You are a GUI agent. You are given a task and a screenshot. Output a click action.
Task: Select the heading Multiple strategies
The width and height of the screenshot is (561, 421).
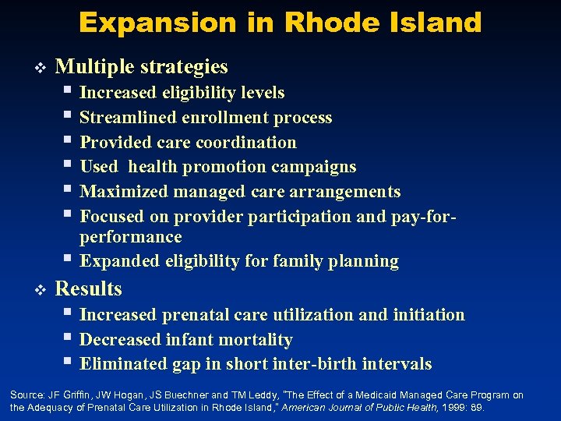pyautogui.click(x=142, y=66)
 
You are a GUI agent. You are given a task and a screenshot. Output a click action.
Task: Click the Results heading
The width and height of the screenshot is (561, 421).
pyautogui.click(x=89, y=289)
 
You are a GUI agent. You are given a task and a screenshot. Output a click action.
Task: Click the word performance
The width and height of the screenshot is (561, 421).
pyautogui.click(x=131, y=236)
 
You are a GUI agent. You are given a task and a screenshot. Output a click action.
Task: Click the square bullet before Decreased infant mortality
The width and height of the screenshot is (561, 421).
pyautogui.click(x=69, y=339)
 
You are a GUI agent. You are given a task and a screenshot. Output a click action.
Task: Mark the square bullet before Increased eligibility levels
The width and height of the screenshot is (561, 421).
pyautogui.click(x=69, y=92)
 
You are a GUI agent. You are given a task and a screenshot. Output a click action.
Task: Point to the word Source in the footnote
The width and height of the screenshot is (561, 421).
pyautogui.click(x=26, y=395)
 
